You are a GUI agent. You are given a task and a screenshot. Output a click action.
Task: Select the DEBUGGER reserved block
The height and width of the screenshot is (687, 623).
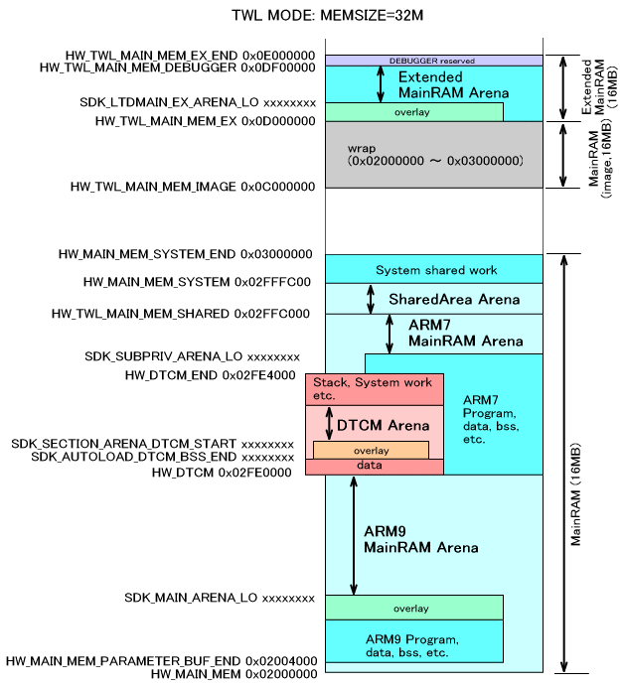(433, 61)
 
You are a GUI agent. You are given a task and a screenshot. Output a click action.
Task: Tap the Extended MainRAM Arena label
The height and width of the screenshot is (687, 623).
(453, 84)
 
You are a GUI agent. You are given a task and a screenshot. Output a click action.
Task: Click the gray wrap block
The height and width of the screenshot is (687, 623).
(433, 153)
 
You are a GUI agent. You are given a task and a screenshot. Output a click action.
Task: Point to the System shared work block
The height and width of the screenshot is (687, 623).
(436, 270)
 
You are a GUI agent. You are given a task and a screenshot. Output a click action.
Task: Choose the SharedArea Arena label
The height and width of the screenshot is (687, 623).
(453, 299)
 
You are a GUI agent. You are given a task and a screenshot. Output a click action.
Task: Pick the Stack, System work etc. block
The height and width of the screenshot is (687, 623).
(374, 388)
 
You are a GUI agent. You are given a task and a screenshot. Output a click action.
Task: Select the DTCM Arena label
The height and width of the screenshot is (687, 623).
(383, 425)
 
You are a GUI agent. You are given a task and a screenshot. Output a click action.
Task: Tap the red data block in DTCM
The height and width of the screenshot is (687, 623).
(374, 466)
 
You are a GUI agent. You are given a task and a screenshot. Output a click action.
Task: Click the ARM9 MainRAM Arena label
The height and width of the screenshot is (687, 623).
(420, 539)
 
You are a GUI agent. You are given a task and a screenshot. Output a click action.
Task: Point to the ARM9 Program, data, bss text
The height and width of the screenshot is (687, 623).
(411, 645)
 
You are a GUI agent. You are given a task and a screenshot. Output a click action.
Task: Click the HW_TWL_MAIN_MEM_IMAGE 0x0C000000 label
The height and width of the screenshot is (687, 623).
(192, 187)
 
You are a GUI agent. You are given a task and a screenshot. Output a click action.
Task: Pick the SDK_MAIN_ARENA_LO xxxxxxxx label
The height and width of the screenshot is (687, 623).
(220, 598)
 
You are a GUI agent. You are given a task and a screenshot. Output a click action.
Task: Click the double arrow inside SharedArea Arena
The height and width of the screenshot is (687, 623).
(371, 298)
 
